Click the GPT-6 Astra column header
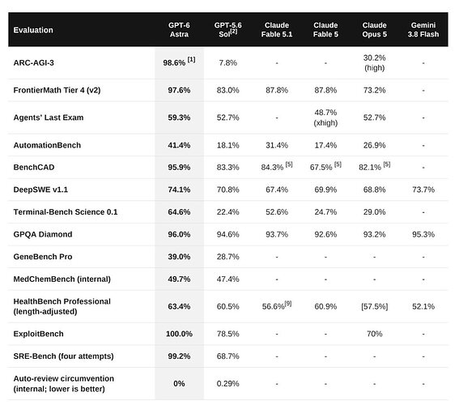click(x=179, y=30)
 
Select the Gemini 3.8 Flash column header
click(x=423, y=30)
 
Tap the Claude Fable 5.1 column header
click(x=277, y=30)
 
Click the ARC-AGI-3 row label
click(x=34, y=62)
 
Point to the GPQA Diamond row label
click(x=43, y=234)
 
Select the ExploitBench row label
click(x=38, y=334)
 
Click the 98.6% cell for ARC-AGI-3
click(x=179, y=62)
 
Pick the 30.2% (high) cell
click(x=374, y=62)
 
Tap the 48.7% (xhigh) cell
click(x=325, y=117)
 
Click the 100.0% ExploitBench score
click(x=179, y=334)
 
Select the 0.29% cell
click(x=227, y=384)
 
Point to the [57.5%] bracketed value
click(x=374, y=307)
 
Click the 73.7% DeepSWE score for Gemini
click(x=423, y=190)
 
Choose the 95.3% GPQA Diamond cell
click(x=423, y=234)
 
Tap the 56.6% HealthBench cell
click(x=277, y=305)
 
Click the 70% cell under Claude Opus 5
click(x=374, y=334)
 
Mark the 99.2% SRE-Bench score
click(x=179, y=356)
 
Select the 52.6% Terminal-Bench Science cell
click(x=277, y=212)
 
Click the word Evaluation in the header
click(x=33, y=30)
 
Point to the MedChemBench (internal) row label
click(x=62, y=279)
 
